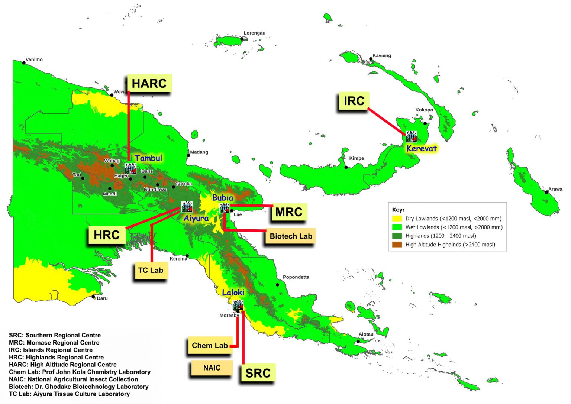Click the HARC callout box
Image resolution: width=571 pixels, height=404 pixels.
149,83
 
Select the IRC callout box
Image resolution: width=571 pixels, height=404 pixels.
354,101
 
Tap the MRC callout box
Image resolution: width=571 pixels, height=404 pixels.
289,212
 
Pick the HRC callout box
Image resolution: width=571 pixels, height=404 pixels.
107,235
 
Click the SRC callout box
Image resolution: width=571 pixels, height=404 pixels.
258,373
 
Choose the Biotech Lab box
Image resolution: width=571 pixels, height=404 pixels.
291,236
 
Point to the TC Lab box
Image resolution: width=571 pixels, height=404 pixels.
151,270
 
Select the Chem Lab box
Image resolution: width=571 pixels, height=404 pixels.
210,346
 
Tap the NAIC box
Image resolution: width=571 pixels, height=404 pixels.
212,368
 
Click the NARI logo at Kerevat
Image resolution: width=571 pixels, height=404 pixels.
411,137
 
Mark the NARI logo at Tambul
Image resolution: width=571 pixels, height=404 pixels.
130,169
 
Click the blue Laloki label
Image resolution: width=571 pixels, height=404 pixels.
233,293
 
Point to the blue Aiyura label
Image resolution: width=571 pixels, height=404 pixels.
196,218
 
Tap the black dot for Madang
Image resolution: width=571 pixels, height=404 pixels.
188,155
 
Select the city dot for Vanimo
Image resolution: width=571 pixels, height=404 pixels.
24,63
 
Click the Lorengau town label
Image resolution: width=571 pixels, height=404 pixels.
254,33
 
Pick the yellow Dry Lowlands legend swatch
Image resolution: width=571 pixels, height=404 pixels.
397,219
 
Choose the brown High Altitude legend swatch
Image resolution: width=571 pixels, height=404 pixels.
397,245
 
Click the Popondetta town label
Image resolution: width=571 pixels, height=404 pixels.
296,277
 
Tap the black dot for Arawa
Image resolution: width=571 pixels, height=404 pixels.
546,192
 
